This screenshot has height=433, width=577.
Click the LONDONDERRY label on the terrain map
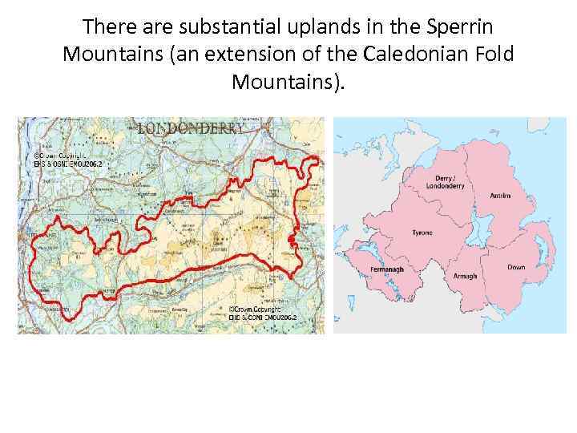point(190,128)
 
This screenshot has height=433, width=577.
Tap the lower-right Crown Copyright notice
point(261,314)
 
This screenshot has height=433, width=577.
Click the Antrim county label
point(500,192)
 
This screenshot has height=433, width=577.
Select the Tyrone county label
point(422,233)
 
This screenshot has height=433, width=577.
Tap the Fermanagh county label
point(388,269)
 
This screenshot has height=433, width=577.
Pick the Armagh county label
point(465,276)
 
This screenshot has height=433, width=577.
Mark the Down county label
point(516,266)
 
